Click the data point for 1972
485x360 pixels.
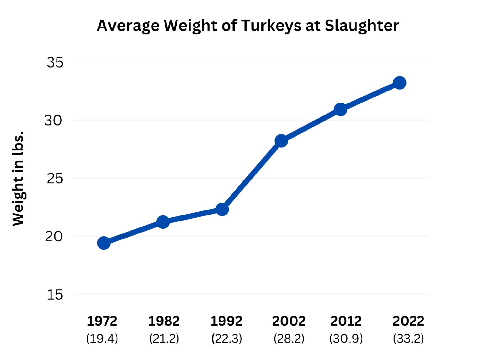[x=104, y=243]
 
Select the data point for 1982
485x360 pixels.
[x=163, y=222]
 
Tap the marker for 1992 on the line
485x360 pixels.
[x=222, y=209]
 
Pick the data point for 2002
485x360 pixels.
[x=281, y=140]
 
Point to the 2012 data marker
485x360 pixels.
[x=340, y=109]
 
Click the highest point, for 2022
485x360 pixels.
[x=400, y=83]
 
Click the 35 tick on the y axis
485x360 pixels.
[x=55, y=62]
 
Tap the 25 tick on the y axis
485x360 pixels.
[x=55, y=179]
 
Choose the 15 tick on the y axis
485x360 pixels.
[x=55, y=295]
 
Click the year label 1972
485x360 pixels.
[x=102, y=321]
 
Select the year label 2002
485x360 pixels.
[x=289, y=321]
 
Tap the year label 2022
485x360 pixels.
[x=408, y=321]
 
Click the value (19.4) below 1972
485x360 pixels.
[x=102, y=339]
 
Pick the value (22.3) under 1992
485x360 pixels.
[x=226, y=339]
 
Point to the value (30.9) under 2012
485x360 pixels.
[x=346, y=339]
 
